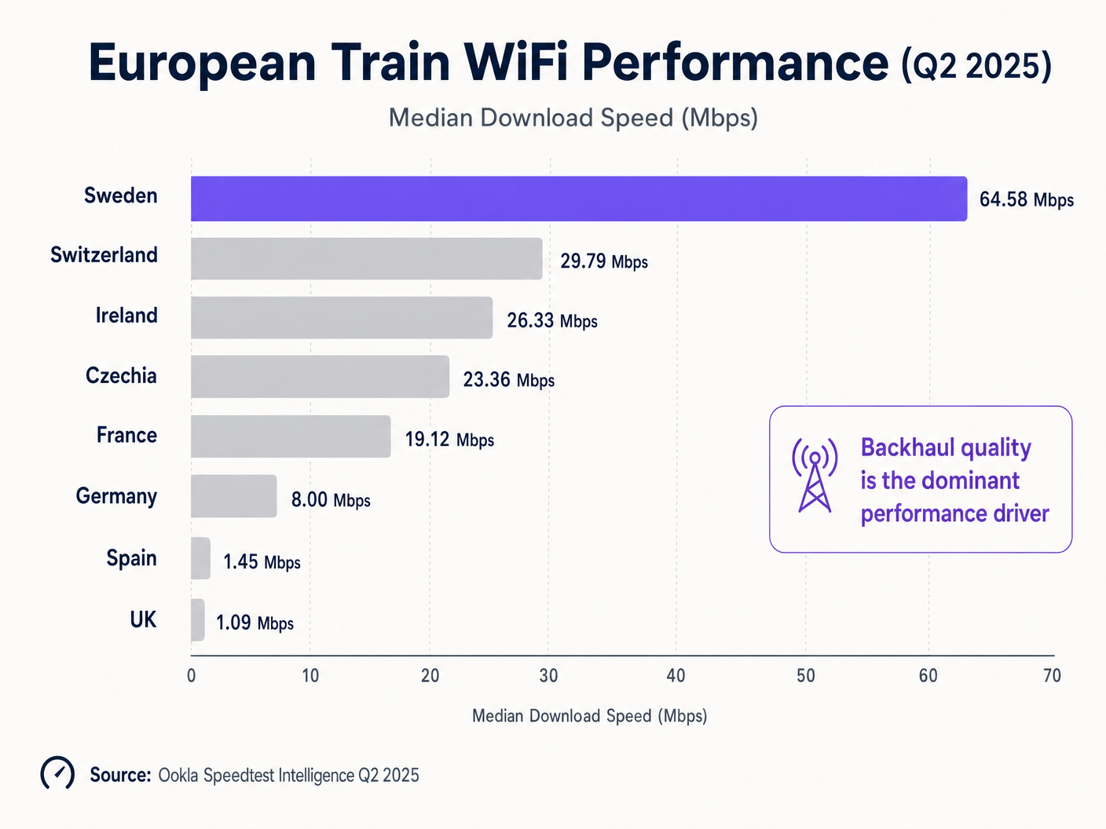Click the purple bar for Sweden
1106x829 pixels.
pyautogui.click(x=579, y=199)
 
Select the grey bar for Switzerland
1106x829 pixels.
pyautogui.click(x=366, y=259)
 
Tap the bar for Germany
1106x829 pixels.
pyautogui.click(x=233, y=496)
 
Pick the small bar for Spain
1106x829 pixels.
pyautogui.click(x=200, y=558)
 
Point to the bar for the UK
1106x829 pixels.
pyautogui.click(x=198, y=620)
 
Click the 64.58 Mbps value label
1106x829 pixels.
pyautogui.click(x=1026, y=199)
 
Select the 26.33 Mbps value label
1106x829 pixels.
pyautogui.click(x=551, y=320)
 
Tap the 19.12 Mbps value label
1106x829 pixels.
pyautogui.click(x=449, y=439)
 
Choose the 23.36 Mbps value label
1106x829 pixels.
pyautogui.click(x=508, y=380)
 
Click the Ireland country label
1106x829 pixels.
pyautogui.click(x=126, y=316)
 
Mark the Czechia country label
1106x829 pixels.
pyautogui.click(x=121, y=376)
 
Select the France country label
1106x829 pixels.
pyautogui.click(x=126, y=436)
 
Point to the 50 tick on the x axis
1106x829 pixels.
pyautogui.click(x=806, y=676)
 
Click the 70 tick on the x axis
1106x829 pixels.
pyautogui.click(x=1052, y=676)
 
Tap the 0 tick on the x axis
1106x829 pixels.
pyautogui.click(x=191, y=676)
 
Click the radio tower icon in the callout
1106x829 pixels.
pyautogui.click(x=815, y=476)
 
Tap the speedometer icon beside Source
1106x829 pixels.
pyautogui.click(x=57, y=773)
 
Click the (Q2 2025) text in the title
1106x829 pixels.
pyautogui.click(x=976, y=66)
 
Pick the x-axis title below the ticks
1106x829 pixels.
pyautogui.click(x=589, y=716)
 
